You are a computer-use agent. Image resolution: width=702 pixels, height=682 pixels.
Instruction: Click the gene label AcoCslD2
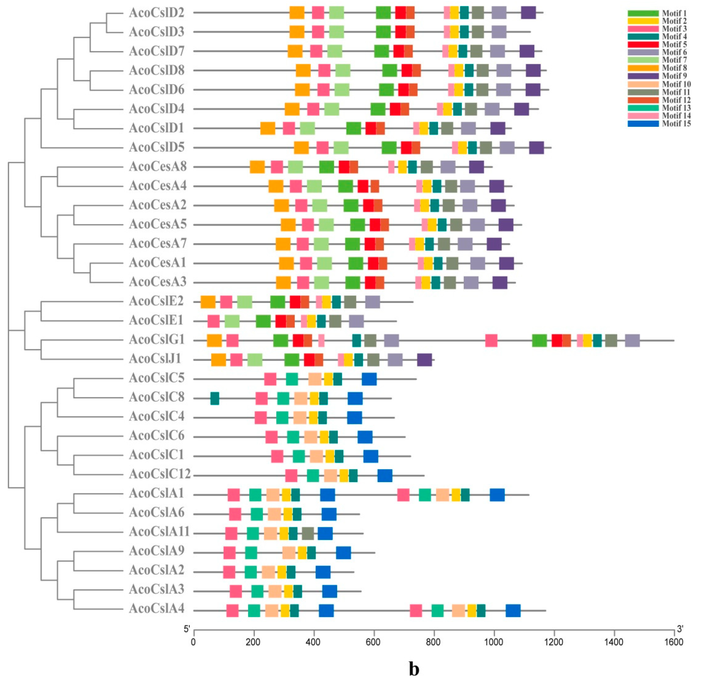pyautogui.click(x=157, y=13)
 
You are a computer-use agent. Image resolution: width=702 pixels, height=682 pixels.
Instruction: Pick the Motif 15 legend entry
pyautogui.click(x=659, y=124)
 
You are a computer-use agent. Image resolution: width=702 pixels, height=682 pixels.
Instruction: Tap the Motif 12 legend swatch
pyautogui.click(x=643, y=100)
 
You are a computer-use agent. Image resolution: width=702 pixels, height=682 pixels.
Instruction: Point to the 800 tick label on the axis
pyautogui.click(x=434, y=642)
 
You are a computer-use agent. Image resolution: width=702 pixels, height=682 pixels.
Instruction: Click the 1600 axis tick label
pyautogui.click(x=674, y=642)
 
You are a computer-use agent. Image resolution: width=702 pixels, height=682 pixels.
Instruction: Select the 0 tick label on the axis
pyautogui.click(x=193, y=642)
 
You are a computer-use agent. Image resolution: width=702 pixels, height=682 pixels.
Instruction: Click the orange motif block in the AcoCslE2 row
pyautogui.click(x=208, y=302)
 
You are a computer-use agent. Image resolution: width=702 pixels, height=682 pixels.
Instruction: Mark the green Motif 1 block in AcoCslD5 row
pyautogui.click(x=389, y=148)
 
